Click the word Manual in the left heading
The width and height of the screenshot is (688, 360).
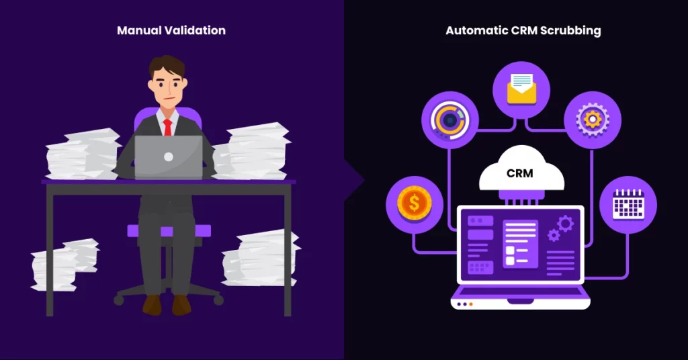[x=139, y=30]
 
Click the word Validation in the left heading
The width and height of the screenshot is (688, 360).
[x=195, y=30]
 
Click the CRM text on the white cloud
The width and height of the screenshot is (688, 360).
[x=520, y=173]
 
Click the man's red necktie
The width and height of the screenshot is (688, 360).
[x=167, y=128]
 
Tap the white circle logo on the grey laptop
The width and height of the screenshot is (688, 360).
[x=169, y=157]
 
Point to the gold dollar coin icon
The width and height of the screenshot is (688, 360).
[x=414, y=204]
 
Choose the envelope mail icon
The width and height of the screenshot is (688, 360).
[x=521, y=89]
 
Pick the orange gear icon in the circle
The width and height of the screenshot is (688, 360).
[x=593, y=120]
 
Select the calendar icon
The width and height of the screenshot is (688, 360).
[x=628, y=204]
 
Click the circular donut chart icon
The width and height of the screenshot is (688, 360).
[x=449, y=120]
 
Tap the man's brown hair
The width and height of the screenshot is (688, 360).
[x=167, y=66]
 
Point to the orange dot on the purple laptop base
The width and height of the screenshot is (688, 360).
[x=471, y=304]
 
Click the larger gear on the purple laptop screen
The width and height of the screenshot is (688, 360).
[x=565, y=224]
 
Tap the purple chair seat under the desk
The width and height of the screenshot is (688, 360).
[x=169, y=230]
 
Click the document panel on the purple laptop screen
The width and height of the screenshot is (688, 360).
[x=521, y=243]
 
